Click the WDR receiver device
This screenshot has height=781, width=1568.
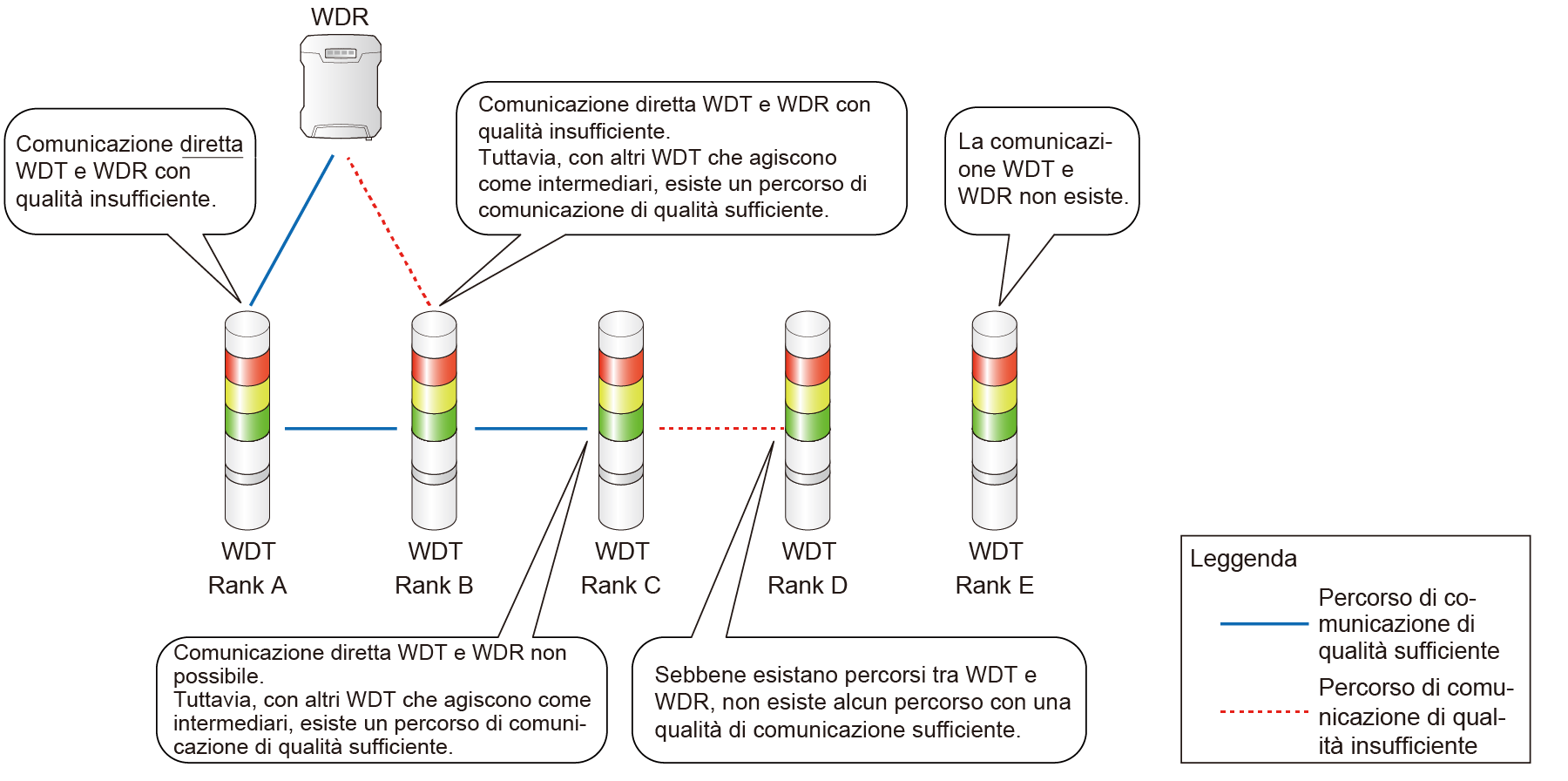click(341, 87)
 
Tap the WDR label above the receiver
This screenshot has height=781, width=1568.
click(340, 17)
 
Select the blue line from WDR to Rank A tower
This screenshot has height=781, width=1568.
click(292, 230)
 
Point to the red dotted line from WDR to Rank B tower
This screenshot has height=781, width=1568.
click(389, 231)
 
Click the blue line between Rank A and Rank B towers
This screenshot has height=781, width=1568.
click(341, 429)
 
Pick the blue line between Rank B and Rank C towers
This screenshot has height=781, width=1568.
click(531, 429)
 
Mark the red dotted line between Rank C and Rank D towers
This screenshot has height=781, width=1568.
click(721, 429)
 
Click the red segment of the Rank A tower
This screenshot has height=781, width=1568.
click(247, 366)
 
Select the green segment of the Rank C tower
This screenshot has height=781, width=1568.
click(621, 424)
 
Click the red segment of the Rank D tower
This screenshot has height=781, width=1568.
click(808, 366)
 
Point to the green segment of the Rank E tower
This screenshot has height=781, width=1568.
click(995, 424)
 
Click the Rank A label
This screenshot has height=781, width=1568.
click(247, 585)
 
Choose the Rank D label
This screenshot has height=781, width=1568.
click(808, 585)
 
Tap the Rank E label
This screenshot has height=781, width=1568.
click(995, 585)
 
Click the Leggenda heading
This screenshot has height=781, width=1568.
click(1243, 560)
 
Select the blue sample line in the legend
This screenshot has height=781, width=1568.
click(1264, 624)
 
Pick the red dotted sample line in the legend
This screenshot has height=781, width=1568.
click(1264, 712)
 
